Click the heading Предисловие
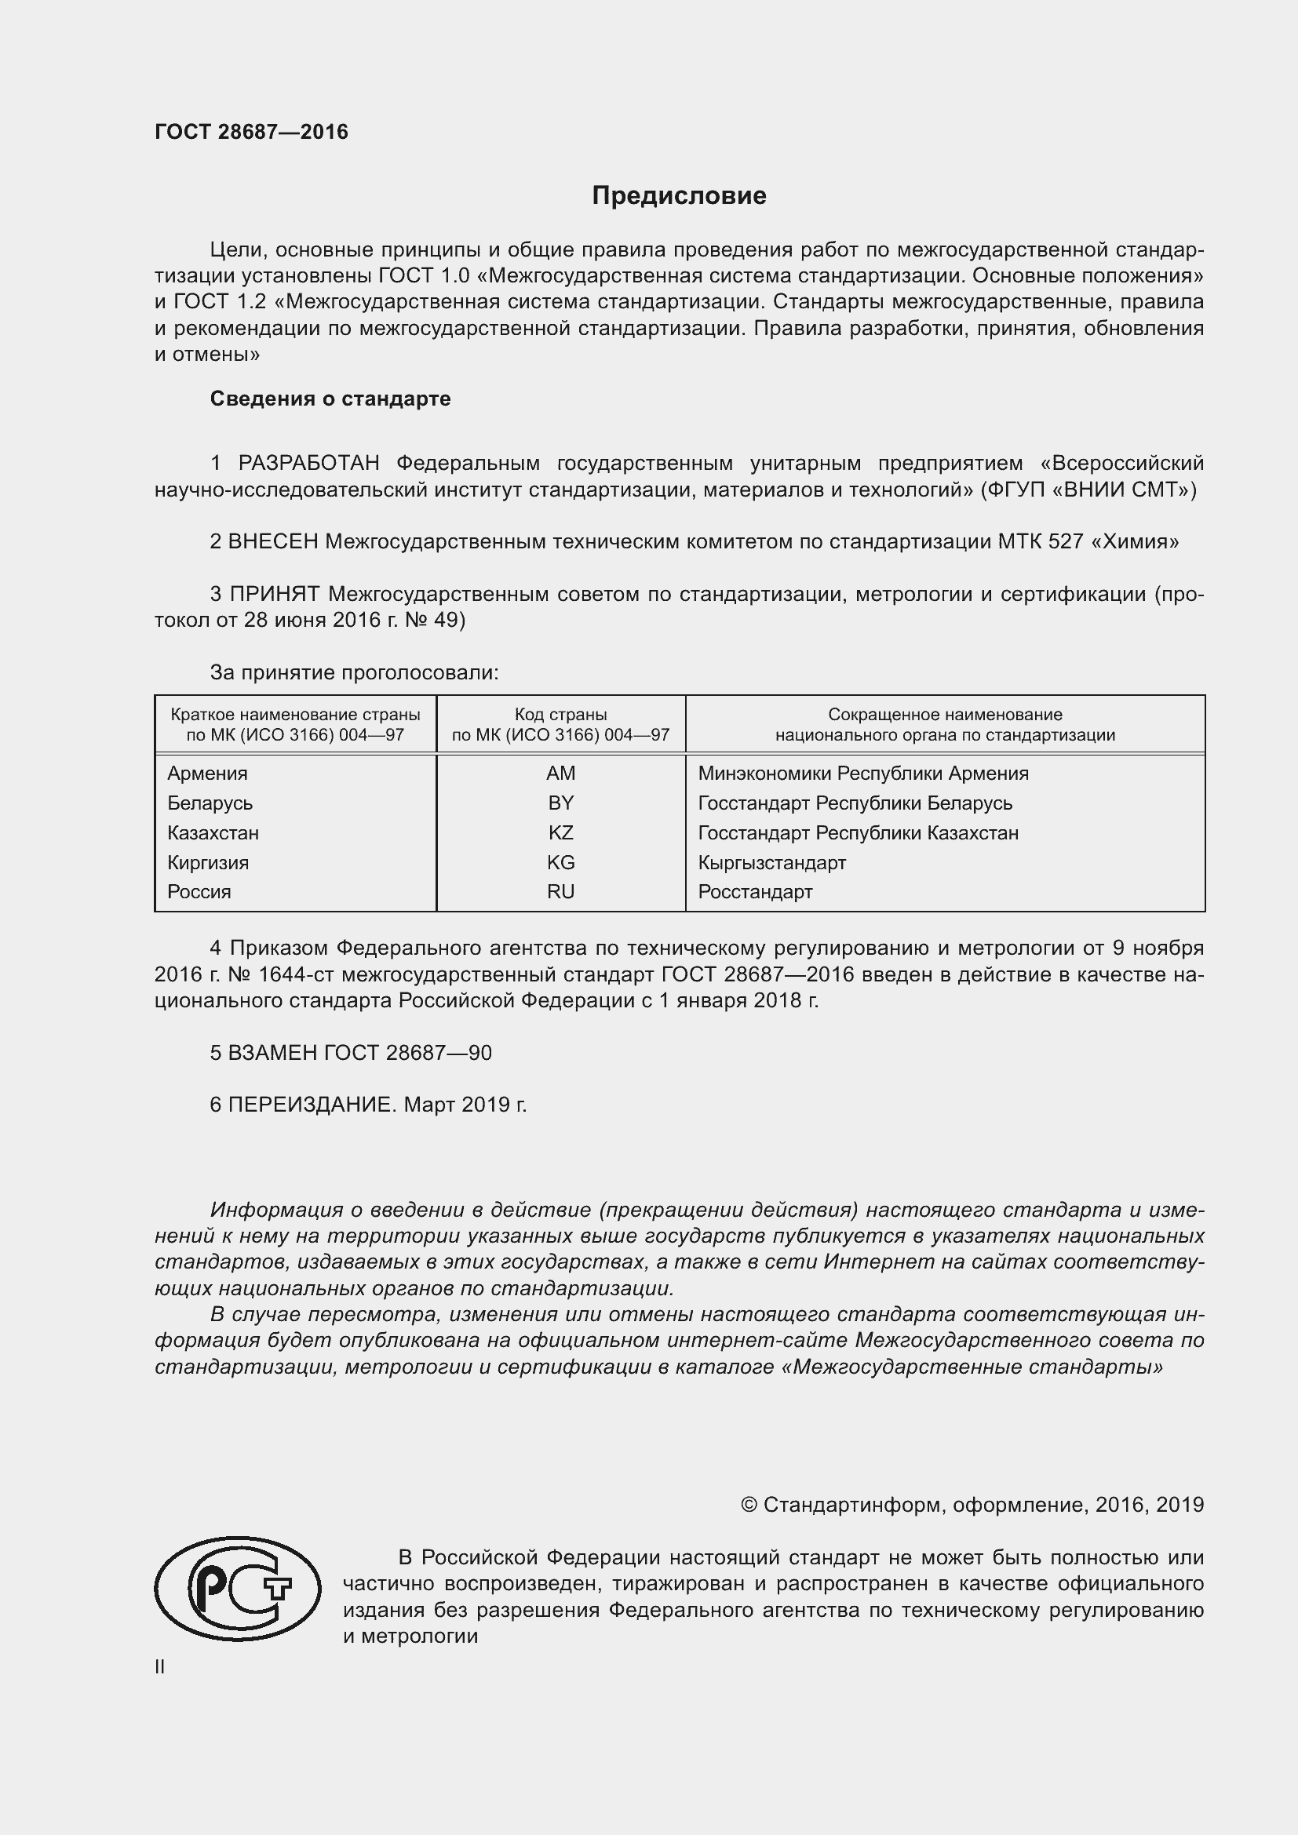(679, 196)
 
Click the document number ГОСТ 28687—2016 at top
(251, 132)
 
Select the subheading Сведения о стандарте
(330, 399)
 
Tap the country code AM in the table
(560, 773)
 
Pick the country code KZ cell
(560, 833)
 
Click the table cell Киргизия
(208, 862)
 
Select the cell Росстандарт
(754, 892)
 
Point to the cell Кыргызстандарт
(771, 862)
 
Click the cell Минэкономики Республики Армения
(863, 773)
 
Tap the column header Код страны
(560, 715)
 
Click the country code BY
(560, 803)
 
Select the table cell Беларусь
(210, 803)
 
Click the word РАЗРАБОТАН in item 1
(308, 464)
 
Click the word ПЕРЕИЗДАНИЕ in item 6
(312, 1105)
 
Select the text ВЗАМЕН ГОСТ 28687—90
(359, 1053)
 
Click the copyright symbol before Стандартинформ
(748, 1505)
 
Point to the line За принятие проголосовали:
(354, 673)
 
